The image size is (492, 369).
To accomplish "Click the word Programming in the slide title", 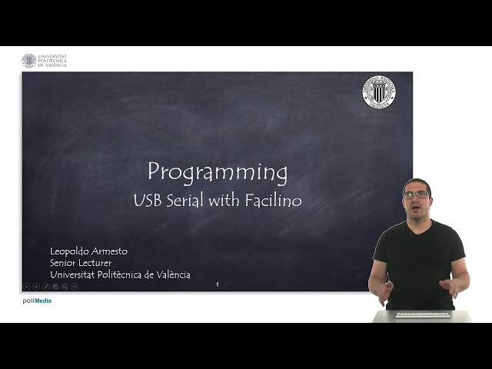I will [218, 172].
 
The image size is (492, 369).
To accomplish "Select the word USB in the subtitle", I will [146, 201].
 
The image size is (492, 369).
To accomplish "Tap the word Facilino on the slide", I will [274, 201].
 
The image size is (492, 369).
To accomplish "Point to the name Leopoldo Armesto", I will [88, 251].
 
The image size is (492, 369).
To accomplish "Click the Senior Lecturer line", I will [81, 263].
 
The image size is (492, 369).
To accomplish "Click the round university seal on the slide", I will [378, 91].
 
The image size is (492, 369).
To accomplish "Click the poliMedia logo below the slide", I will [37, 301].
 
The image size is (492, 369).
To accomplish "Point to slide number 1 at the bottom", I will [218, 285].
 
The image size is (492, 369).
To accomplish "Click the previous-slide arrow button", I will [27, 286].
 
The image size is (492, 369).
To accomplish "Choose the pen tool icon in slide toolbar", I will [46, 286].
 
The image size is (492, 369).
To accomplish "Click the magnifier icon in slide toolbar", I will [65, 286].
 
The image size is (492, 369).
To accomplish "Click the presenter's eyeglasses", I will [417, 195].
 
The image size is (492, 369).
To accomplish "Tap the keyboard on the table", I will [422, 314].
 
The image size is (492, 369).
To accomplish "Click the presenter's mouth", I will [417, 208].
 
